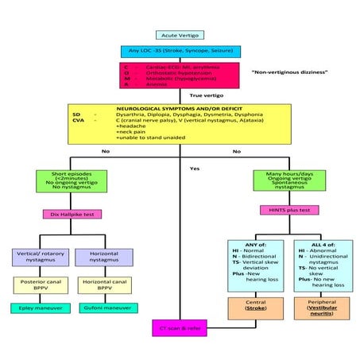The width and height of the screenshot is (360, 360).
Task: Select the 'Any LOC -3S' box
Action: pos(180,52)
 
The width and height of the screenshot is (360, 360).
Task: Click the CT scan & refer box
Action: pos(181,326)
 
